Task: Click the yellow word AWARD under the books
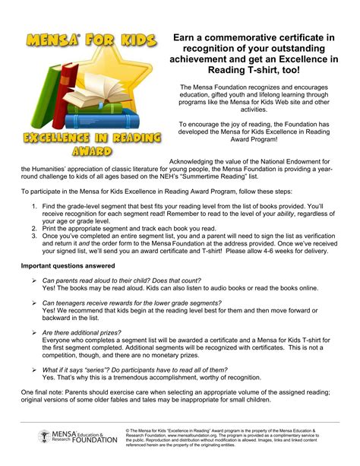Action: click(91, 151)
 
